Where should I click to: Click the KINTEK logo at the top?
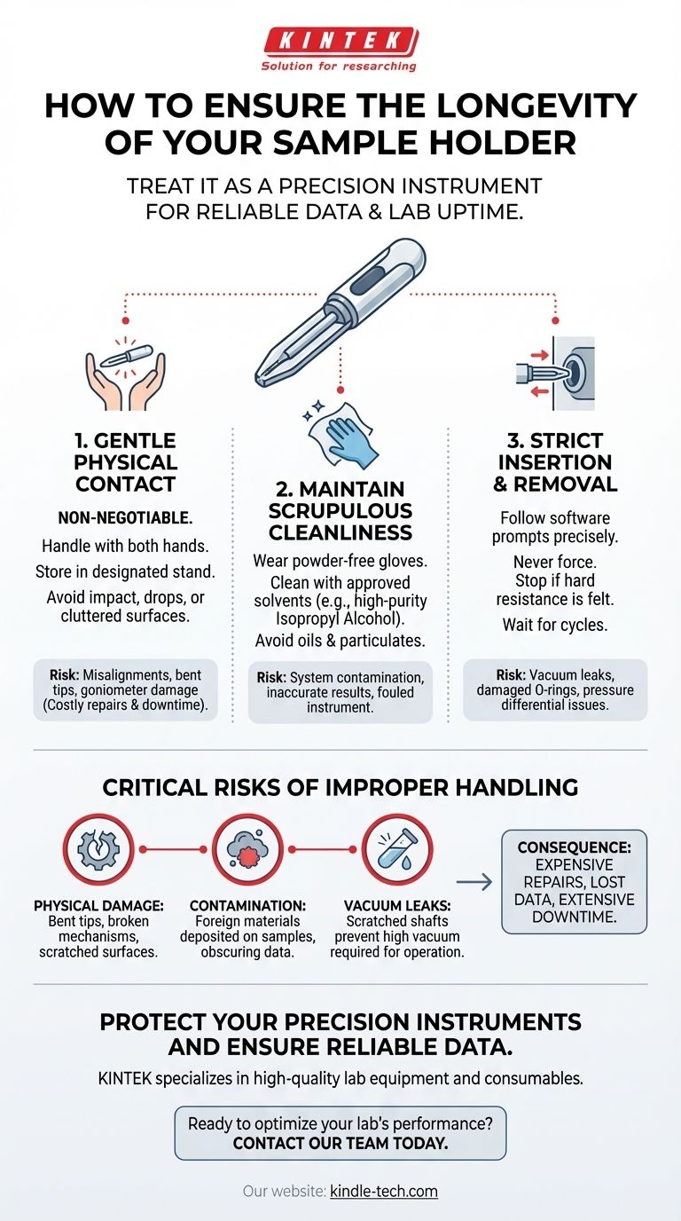(x=340, y=42)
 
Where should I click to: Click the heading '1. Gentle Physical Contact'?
(x=125, y=462)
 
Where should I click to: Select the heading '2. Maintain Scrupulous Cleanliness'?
(x=340, y=511)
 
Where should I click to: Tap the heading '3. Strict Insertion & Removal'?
(x=554, y=462)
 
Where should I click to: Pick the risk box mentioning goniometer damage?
(x=125, y=689)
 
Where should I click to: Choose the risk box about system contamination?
(x=340, y=691)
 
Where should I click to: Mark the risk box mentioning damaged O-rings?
(x=554, y=689)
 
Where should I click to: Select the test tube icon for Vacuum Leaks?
(x=396, y=849)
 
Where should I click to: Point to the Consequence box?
(x=574, y=881)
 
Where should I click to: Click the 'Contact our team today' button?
(x=340, y=1133)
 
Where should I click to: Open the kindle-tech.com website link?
(x=383, y=1191)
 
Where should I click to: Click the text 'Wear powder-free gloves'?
(x=340, y=561)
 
